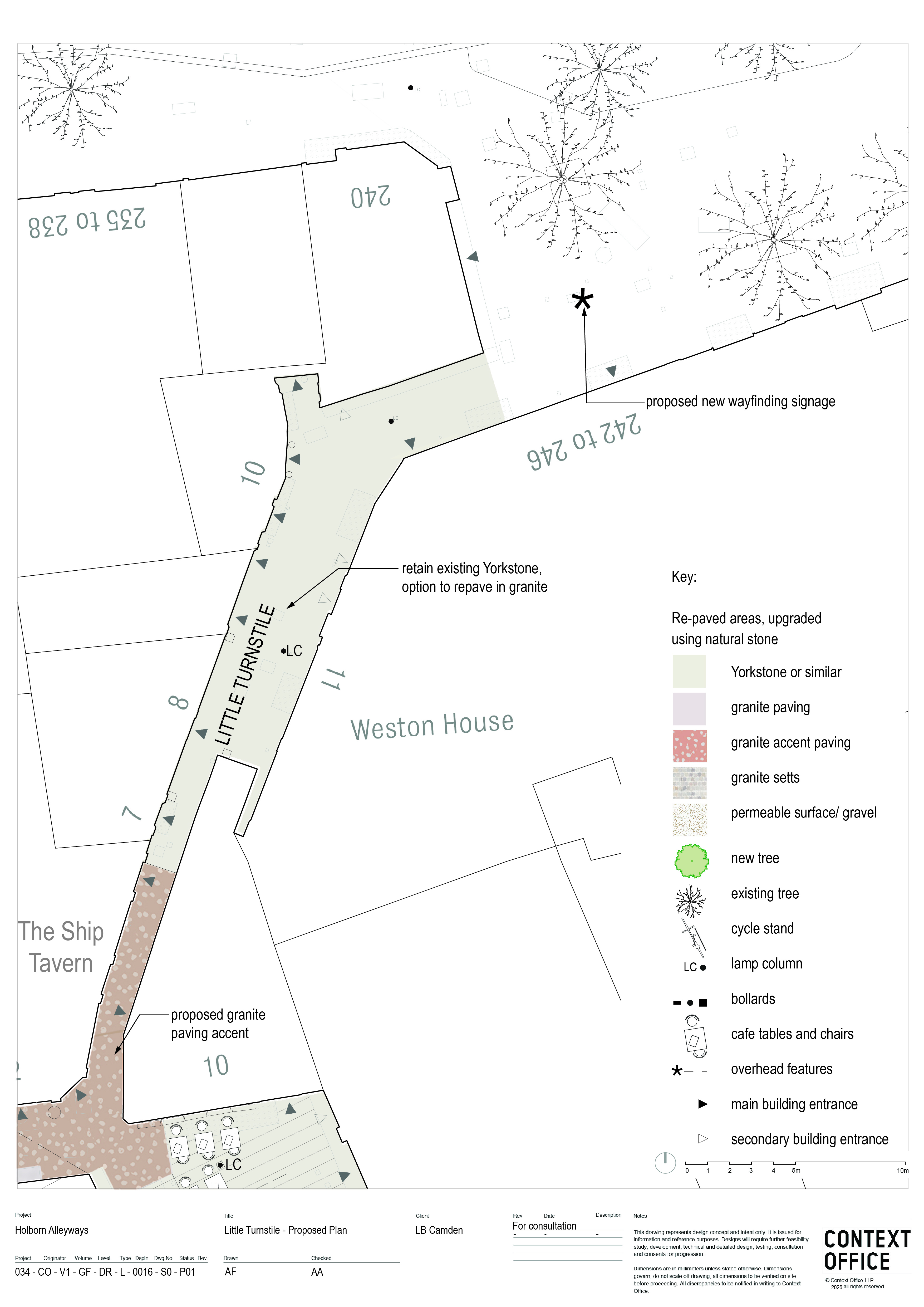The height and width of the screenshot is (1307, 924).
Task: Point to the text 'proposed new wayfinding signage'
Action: tap(740, 401)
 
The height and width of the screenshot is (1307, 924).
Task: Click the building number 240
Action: tap(370, 196)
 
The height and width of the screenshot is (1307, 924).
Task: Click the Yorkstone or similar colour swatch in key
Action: tap(689, 672)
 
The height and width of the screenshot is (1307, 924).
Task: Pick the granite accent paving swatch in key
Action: tap(690, 746)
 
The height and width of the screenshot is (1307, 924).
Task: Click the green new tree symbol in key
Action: tap(691, 861)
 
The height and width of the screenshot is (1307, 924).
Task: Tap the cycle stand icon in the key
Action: tap(694, 936)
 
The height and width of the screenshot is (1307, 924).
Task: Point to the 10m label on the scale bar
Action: tap(902, 1170)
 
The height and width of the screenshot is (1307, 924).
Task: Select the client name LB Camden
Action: tap(439, 1230)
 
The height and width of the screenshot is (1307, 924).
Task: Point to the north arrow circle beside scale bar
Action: tap(665, 1163)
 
